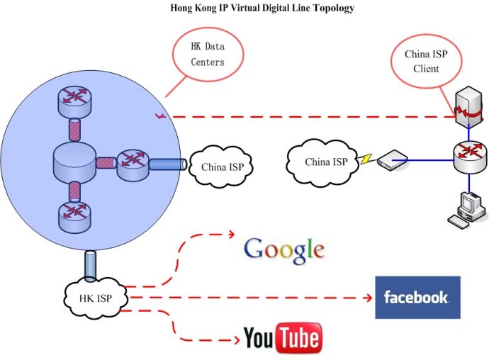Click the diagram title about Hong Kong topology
(x=262, y=9)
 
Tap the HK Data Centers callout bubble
(x=208, y=55)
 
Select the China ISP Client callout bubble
(x=422, y=62)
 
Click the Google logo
(x=283, y=249)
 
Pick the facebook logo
(x=417, y=297)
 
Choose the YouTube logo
(x=282, y=338)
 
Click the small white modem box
(x=388, y=162)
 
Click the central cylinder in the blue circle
(x=74, y=162)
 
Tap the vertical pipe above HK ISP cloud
(x=91, y=265)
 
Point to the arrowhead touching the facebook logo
(x=370, y=298)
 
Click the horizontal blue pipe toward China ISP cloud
(x=168, y=164)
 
